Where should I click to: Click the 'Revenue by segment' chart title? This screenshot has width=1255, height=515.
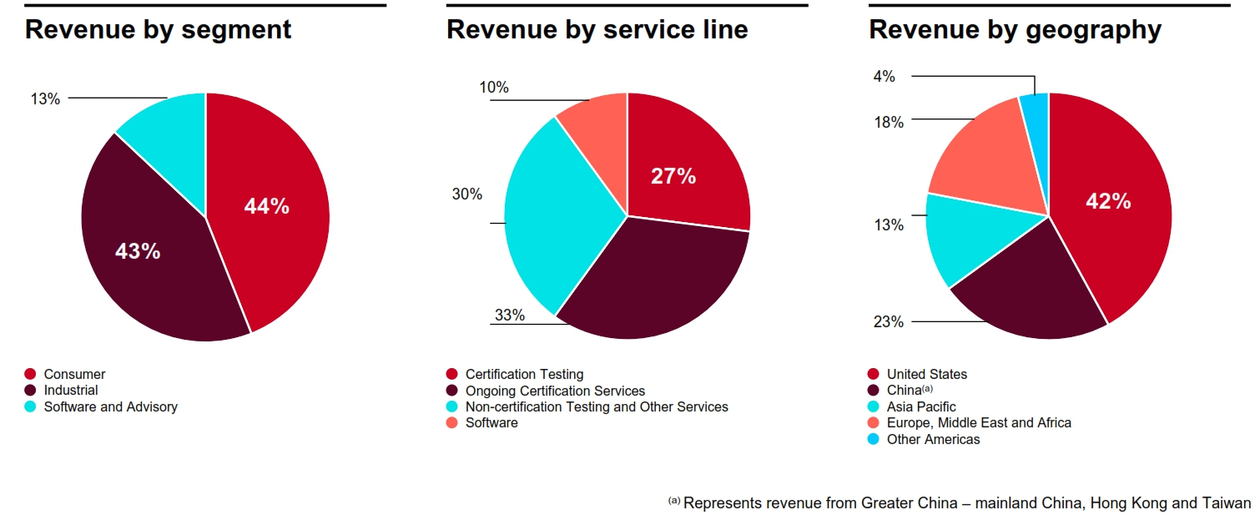tap(159, 30)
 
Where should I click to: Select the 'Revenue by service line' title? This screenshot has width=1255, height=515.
tap(597, 30)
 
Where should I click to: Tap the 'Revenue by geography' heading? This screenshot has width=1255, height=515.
tap(1015, 30)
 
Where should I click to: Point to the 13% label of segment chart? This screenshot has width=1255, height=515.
tap(45, 99)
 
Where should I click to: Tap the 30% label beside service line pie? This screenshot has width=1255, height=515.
tap(466, 194)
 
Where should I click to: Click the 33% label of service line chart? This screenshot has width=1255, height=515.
tap(509, 316)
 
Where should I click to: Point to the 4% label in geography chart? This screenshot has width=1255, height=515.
tap(884, 77)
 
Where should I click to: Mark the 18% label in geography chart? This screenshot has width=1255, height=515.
tap(889, 123)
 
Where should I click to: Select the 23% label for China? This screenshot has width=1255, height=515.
tap(889, 322)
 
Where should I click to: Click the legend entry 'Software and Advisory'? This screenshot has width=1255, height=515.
tap(110, 406)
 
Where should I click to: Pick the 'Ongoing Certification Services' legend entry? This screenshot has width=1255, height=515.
tap(555, 391)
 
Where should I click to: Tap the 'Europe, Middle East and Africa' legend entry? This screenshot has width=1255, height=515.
tap(979, 422)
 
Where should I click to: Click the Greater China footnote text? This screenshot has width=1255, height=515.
tap(966, 503)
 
